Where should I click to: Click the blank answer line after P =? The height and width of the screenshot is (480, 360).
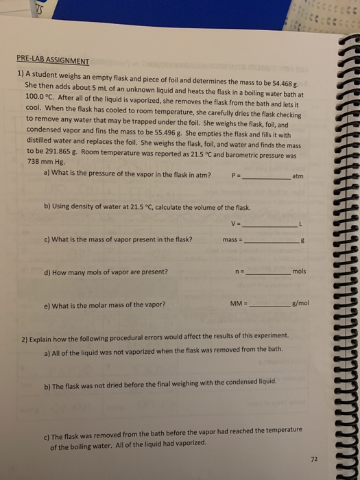point(265,177)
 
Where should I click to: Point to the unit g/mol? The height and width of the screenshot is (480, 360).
point(303,304)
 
